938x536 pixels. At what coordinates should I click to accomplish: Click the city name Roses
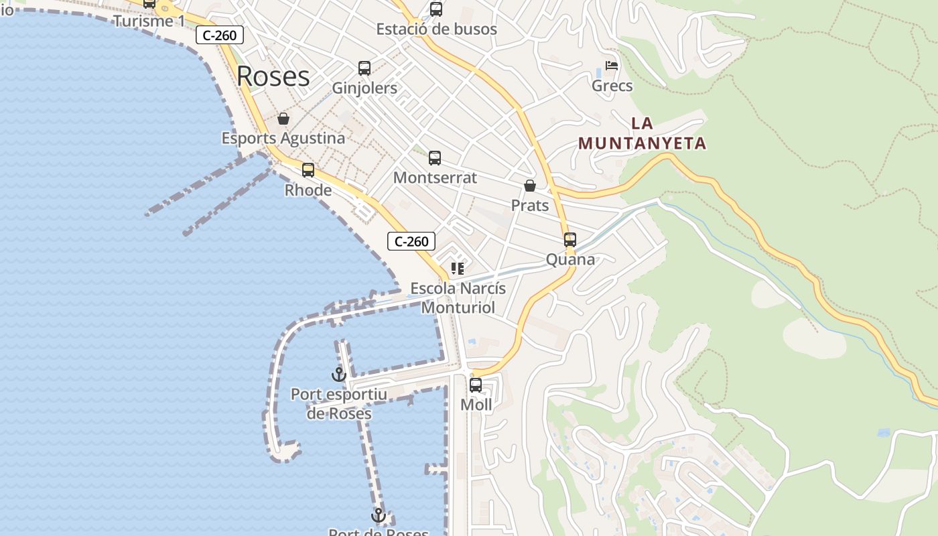[x=273, y=76]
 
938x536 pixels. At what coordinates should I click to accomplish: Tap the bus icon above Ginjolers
[x=364, y=68]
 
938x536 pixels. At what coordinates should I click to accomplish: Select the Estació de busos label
[x=436, y=29]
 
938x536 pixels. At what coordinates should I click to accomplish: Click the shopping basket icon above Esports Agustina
[x=283, y=119]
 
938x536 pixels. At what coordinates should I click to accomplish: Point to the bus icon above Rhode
[x=308, y=170]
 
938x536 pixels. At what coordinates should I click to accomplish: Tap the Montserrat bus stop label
[x=435, y=178]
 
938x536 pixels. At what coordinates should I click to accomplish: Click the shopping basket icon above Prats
[x=530, y=186]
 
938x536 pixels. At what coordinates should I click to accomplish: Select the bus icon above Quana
[x=570, y=240]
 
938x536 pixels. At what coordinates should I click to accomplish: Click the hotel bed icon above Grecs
[x=612, y=66]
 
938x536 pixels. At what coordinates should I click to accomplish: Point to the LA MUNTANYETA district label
[x=643, y=133]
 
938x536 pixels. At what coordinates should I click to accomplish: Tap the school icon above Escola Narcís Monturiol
[x=458, y=269]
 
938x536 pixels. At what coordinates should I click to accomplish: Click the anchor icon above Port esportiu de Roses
[x=339, y=375]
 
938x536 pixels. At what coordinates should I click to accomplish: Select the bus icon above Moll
[x=476, y=385]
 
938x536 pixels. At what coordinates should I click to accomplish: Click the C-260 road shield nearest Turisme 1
[x=220, y=36]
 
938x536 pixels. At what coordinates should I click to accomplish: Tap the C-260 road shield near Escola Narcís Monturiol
[x=411, y=241]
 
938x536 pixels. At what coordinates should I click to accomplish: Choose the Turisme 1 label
[x=149, y=21]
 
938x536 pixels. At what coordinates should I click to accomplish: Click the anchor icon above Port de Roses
[x=379, y=515]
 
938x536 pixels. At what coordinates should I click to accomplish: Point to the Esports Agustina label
[x=283, y=138]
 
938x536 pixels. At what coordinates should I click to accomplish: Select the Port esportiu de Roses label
[x=339, y=403]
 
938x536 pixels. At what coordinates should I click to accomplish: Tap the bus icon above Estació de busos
[x=436, y=9]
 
